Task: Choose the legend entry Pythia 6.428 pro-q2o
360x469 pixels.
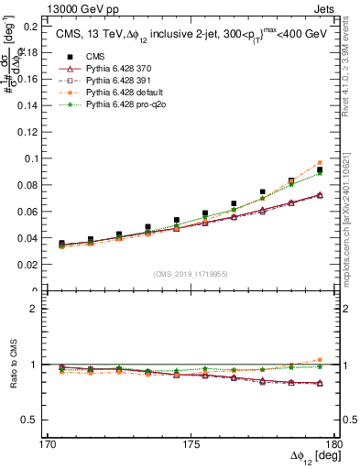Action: [123, 106]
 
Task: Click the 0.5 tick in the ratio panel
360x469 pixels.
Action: [32, 420]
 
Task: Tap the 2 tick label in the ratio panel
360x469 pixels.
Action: [37, 310]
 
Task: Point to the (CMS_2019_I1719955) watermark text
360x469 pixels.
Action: [191, 273]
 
